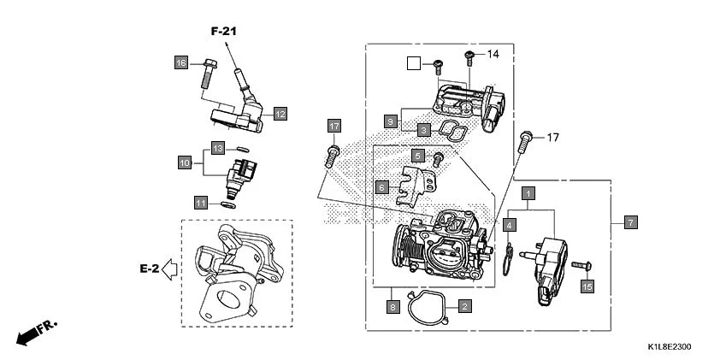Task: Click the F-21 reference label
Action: point(224,32)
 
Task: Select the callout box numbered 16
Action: point(180,63)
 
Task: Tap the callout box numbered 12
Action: point(280,113)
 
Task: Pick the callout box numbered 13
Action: point(218,149)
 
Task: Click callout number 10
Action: point(184,162)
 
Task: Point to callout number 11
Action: point(200,203)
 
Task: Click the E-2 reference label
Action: point(149,269)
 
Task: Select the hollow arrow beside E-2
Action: point(169,269)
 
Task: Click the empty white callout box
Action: point(414,62)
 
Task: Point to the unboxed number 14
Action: point(493,55)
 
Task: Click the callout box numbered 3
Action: point(423,130)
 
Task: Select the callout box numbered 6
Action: point(382,186)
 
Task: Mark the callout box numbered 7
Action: point(629,222)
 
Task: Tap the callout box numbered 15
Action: point(587,287)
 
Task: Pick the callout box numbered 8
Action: point(392,305)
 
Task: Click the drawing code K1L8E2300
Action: point(668,347)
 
